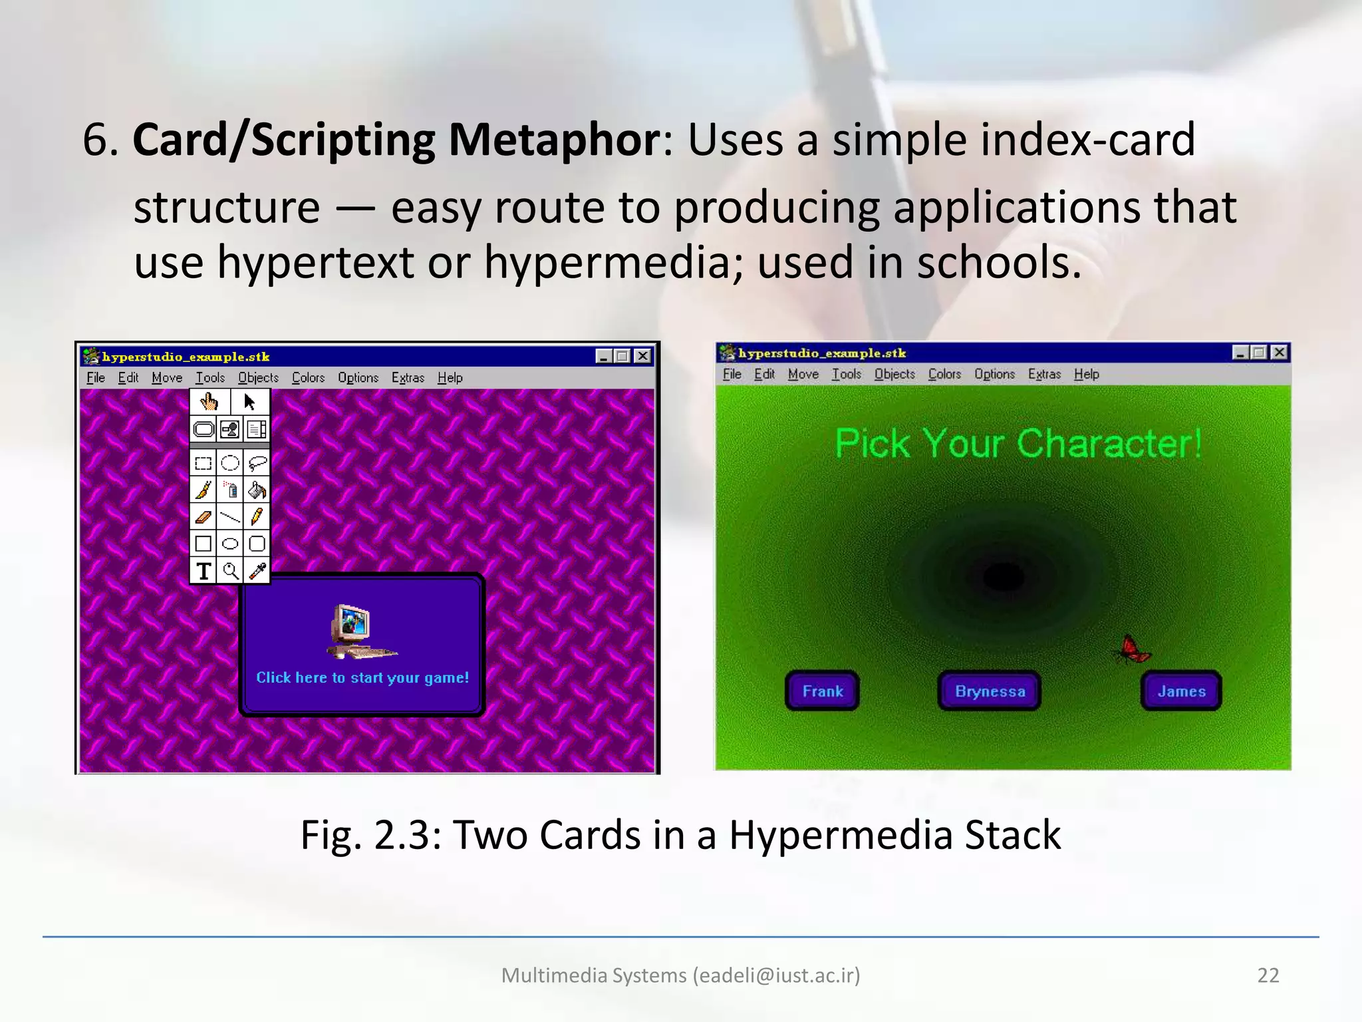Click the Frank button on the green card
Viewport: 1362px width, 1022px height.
coord(822,691)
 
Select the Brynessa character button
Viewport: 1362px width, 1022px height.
coord(990,691)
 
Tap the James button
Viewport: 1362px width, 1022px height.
coord(1181,691)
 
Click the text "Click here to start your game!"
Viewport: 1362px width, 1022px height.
coord(362,677)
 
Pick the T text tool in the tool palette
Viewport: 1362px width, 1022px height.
coord(204,571)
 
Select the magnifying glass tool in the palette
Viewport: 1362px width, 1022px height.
coord(230,571)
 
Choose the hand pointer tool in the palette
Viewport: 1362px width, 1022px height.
coord(209,402)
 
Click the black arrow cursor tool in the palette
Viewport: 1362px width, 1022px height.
coord(249,402)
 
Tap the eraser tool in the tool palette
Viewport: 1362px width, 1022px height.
coord(204,516)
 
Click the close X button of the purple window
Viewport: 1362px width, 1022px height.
coord(642,356)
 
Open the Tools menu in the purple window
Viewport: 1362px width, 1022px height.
coord(210,378)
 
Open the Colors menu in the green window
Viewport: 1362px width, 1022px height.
coord(944,374)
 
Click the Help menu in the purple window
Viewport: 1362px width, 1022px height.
coord(450,378)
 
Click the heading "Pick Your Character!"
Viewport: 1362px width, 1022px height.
coord(1018,444)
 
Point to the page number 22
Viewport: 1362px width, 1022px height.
coord(1268,975)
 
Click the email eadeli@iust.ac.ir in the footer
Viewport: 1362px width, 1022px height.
coord(776,975)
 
